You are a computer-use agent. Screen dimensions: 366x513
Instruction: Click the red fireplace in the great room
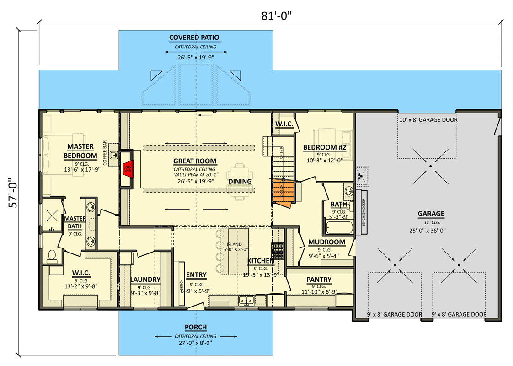[128, 170]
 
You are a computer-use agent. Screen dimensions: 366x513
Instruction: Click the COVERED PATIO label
[194, 38]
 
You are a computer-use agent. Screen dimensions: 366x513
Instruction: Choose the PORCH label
[196, 327]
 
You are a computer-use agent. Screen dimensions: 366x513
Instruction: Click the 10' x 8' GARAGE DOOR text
[428, 120]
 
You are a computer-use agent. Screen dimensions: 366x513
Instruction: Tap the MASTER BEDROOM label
[80, 151]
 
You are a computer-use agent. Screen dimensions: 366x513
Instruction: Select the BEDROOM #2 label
[324, 148]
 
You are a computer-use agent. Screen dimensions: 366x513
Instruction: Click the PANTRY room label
[319, 280]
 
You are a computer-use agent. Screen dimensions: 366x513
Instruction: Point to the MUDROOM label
[326, 242]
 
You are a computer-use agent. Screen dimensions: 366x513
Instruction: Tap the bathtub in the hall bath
[339, 226]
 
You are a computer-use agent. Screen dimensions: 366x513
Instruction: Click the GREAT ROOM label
[195, 161]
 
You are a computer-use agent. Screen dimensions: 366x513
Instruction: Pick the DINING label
[240, 181]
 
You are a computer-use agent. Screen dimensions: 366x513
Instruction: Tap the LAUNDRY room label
[145, 280]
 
